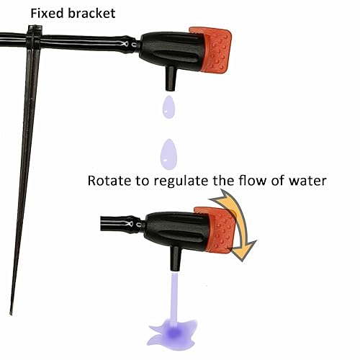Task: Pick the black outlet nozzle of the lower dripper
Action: pos(174,254)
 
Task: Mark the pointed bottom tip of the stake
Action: pos(12,317)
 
